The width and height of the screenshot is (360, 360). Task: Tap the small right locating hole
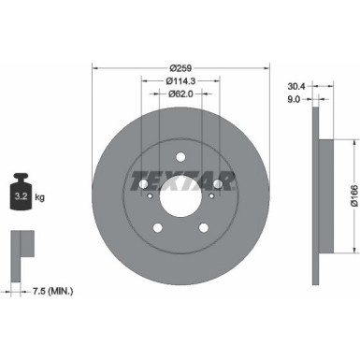pos(211,195)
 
